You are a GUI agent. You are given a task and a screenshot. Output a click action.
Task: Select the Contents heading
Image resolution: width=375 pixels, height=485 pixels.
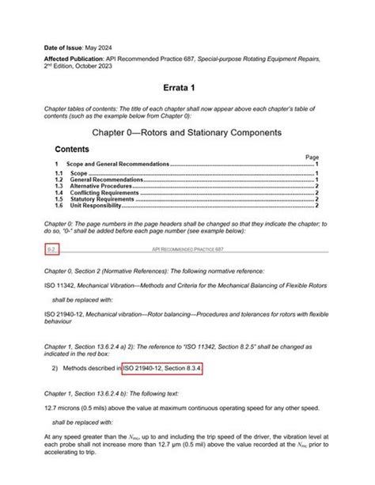(x=71, y=149)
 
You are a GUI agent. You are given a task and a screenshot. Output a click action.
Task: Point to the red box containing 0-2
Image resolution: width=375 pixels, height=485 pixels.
(x=51, y=250)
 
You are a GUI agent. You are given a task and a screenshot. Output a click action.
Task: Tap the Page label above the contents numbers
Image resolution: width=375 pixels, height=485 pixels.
(x=312, y=157)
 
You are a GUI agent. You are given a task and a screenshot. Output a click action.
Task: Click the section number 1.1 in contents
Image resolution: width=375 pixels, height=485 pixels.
(x=59, y=172)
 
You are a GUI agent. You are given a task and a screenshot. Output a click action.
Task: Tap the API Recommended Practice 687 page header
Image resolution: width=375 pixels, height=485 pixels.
(x=187, y=250)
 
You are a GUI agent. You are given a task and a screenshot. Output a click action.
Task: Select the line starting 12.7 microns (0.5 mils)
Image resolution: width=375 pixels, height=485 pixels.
(x=181, y=407)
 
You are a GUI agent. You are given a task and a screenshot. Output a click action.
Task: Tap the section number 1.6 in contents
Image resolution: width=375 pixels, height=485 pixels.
(x=59, y=206)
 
